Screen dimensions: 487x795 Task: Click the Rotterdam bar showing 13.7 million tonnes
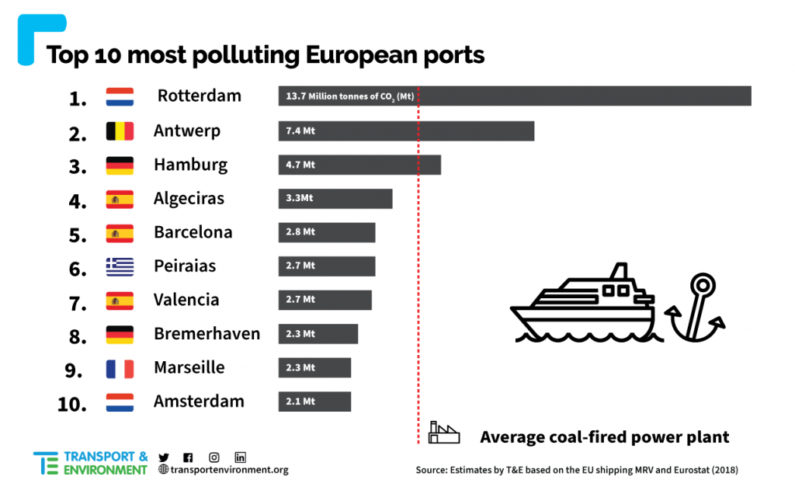point(514,96)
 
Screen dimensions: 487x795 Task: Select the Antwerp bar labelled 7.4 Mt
point(406,130)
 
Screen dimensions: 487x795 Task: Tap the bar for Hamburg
point(359,165)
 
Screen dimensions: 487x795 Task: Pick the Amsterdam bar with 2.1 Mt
point(314,402)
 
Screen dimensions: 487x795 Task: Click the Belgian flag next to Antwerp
point(120,131)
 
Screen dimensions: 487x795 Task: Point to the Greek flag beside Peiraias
point(120,266)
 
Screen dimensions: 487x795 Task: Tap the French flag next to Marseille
point(120,368)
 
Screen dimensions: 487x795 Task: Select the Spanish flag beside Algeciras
point(120,200)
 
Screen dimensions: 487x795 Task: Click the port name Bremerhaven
point(207,334)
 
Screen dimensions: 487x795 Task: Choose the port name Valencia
point(186,300)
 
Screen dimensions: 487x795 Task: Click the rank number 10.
point(72,404)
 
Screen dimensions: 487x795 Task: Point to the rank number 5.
point(78,235)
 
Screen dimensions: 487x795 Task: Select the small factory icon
point(444,433)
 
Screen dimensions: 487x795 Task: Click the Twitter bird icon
point(164,457)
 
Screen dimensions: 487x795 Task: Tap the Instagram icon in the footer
point(214,457)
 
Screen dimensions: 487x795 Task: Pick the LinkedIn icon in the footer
point(240,457)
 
